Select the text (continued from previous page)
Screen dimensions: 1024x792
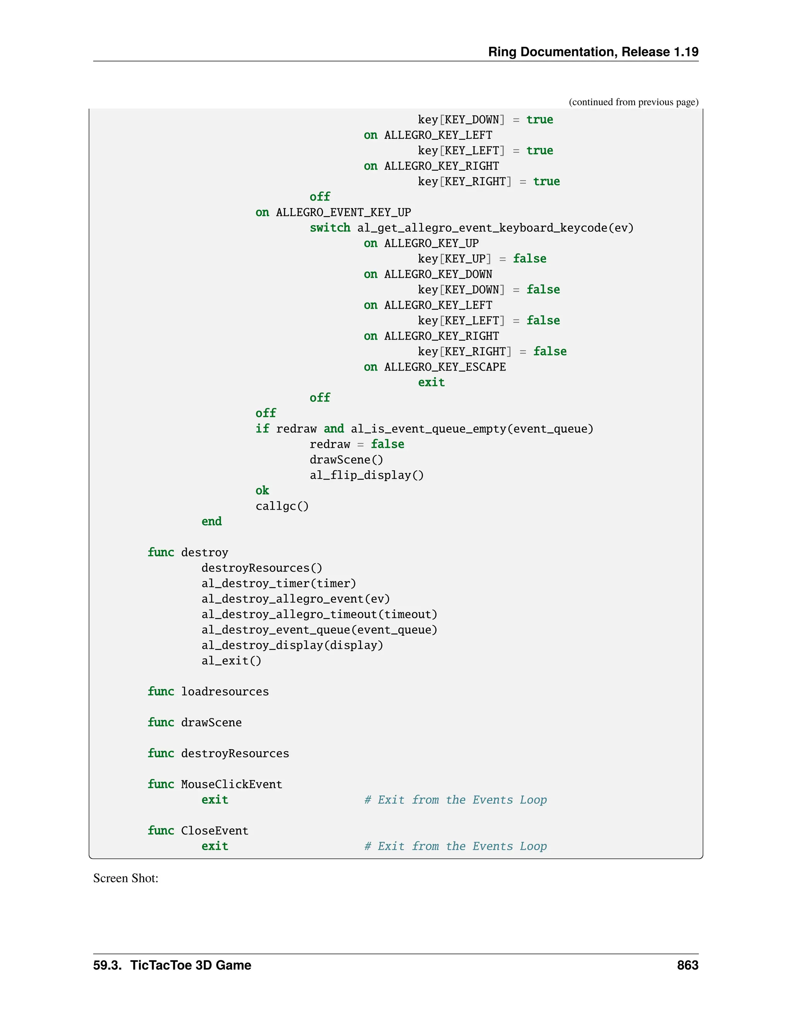633,102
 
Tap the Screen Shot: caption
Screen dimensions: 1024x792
126,878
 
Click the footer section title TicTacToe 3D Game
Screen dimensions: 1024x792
191,965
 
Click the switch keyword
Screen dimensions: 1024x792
330,228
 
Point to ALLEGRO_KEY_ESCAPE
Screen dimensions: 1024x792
444,367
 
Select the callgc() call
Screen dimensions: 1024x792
282,506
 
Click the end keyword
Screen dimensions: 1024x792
212,521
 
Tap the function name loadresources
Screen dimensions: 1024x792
225,692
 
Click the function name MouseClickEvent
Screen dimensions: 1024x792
231,784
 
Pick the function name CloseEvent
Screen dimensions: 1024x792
214,831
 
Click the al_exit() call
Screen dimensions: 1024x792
231,661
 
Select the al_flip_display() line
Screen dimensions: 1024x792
367,475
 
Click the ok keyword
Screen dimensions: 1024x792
262,490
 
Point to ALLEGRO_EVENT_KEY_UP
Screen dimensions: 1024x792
343,213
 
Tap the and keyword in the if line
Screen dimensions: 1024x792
334,429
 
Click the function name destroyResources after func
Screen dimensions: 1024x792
235,754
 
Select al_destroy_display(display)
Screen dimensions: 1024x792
292,645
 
